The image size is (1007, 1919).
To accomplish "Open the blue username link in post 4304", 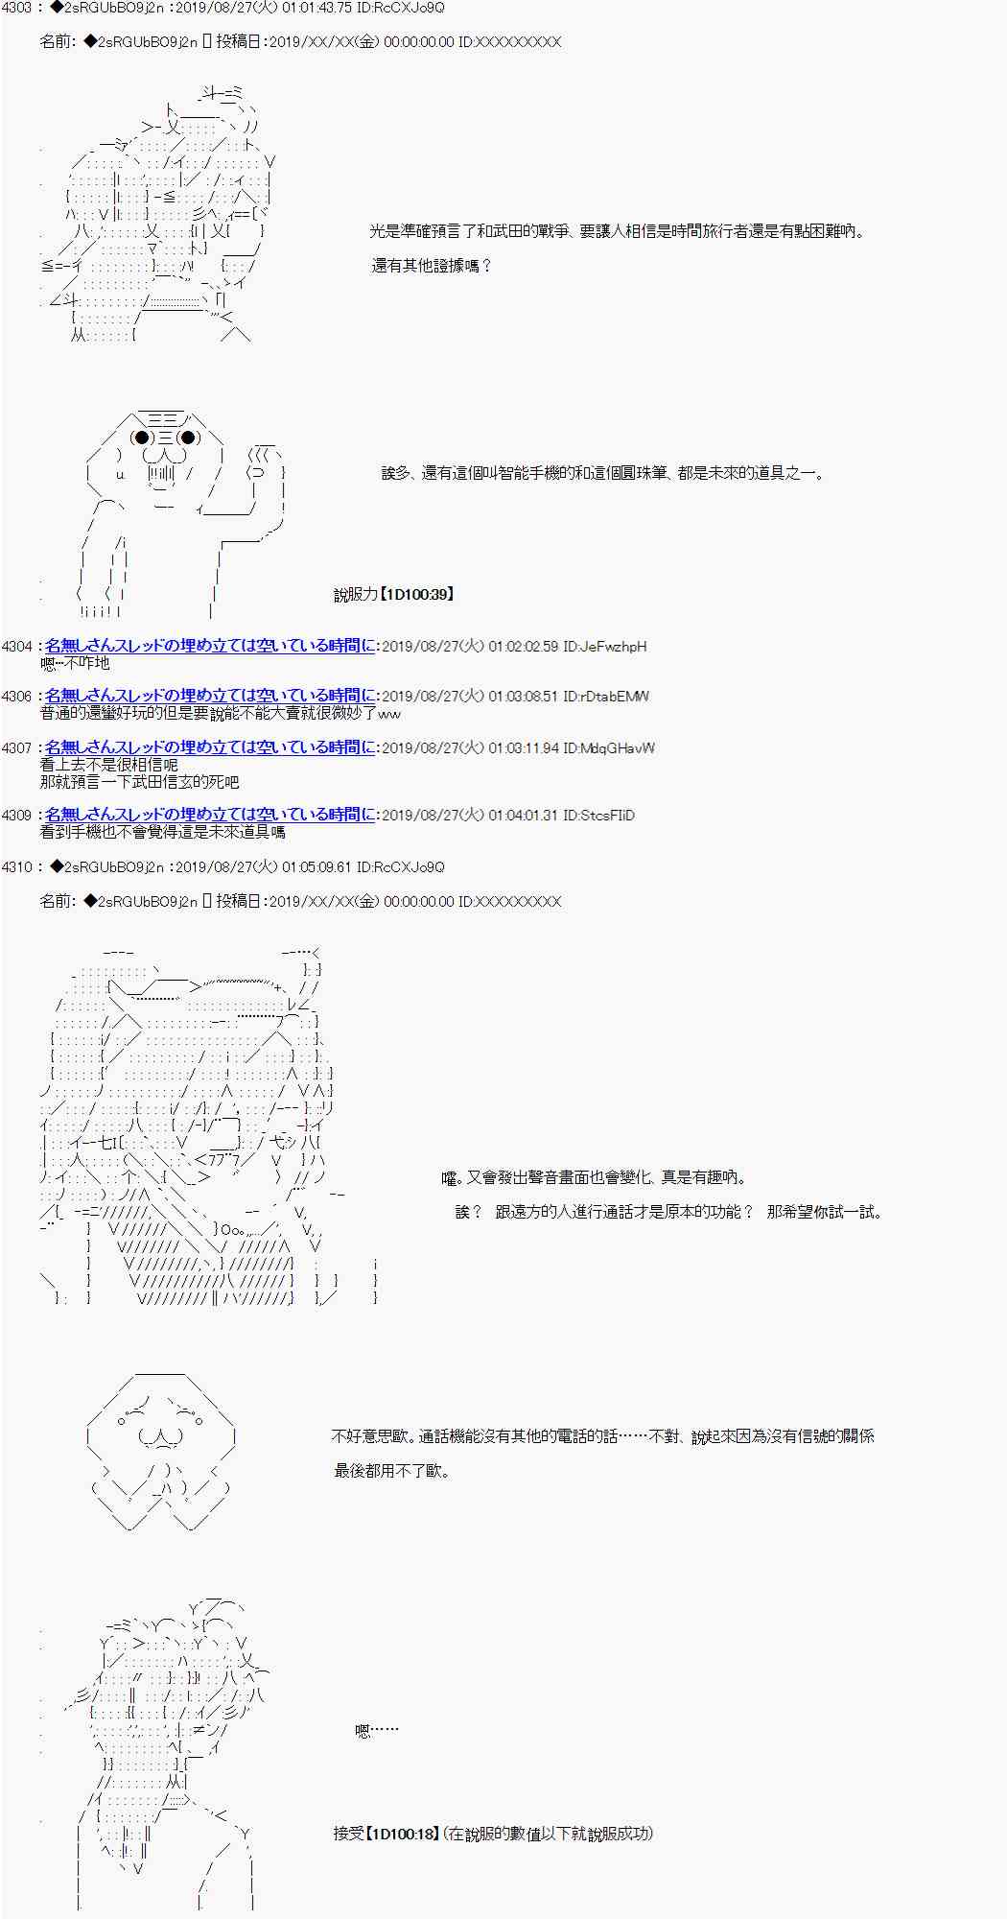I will coord(210,647).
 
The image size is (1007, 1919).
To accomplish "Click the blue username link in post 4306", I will coord(210,697).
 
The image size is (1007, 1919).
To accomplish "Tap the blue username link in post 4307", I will coord(210,747).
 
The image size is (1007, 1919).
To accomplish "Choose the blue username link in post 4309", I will coord(210,816).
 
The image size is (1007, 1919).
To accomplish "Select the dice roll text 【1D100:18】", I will coord(403,1834).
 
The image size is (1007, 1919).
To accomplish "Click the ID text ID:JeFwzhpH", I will coord(605,647).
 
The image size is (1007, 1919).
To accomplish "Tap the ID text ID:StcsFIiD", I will coord(599,816).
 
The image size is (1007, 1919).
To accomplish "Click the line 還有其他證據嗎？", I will coord(432,266).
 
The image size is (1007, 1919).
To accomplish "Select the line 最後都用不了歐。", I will coord(391,1471).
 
